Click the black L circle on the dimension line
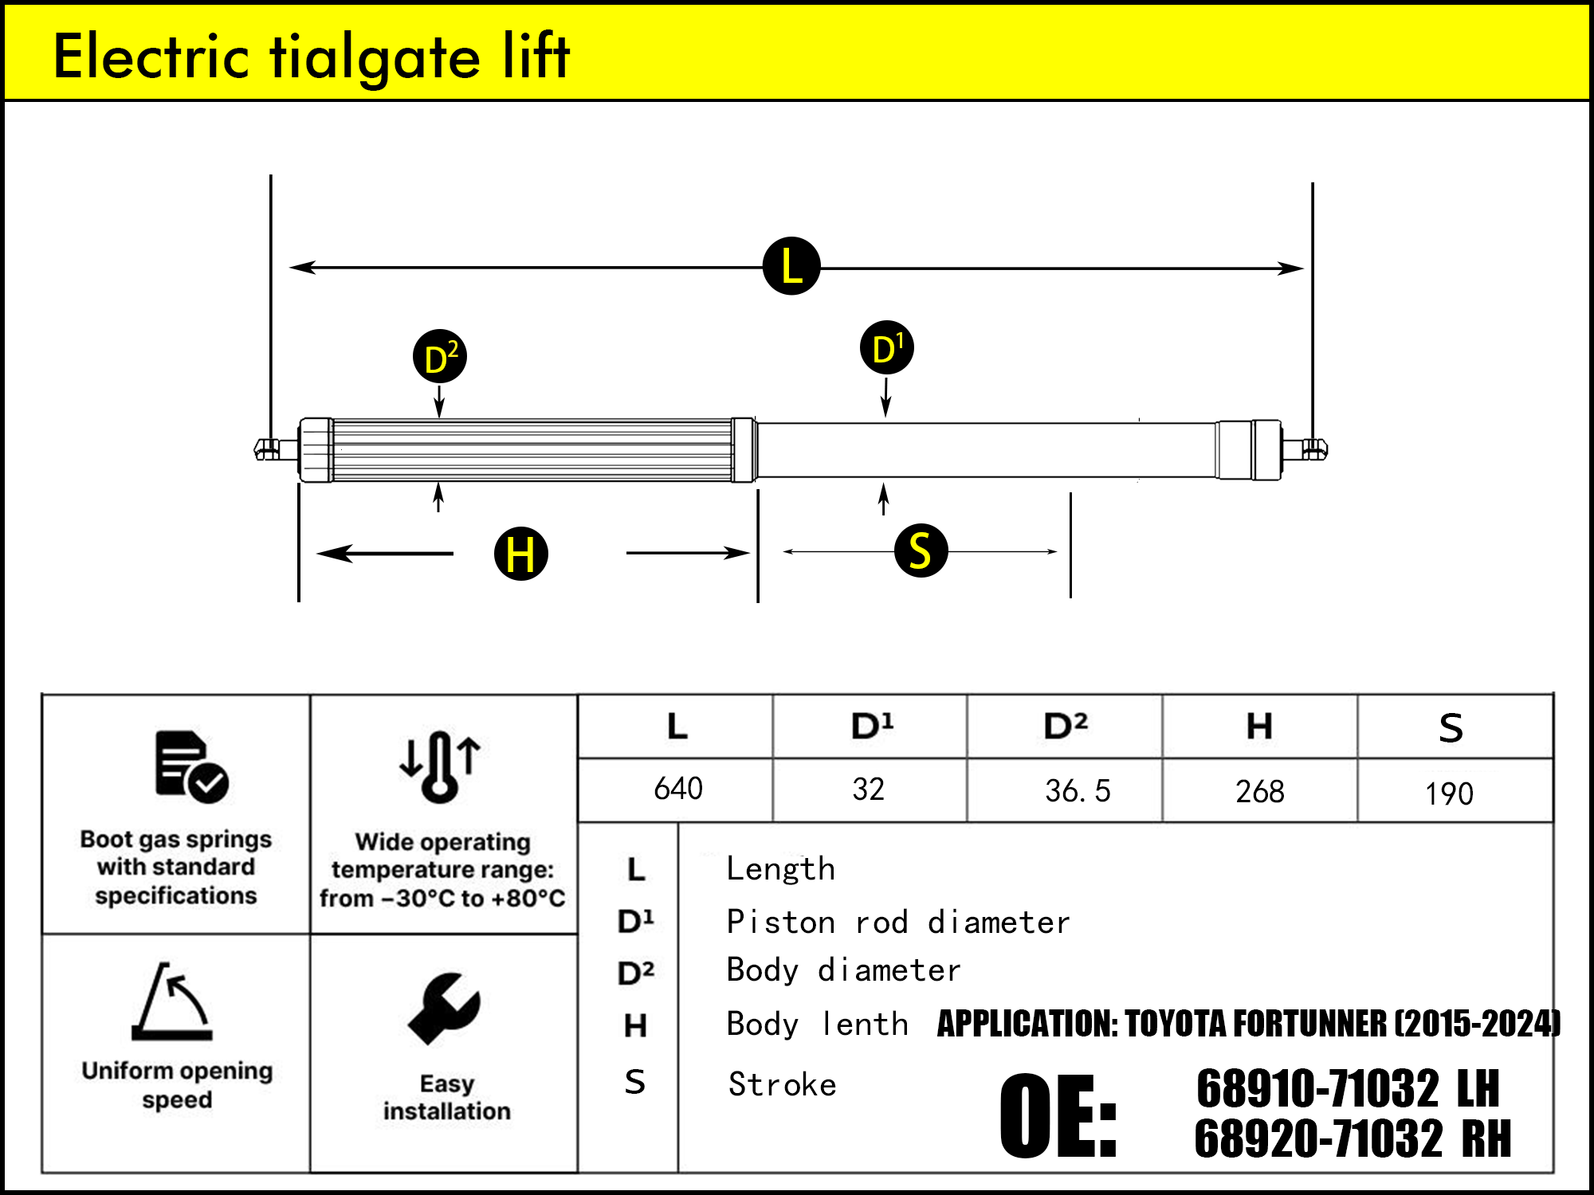pyautogui.click(x=791, y=266)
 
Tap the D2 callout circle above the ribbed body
pyautogui.click(x=440, y=356)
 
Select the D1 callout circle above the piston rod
pyautogui.click(x=887, y=348)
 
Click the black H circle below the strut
pyautogui.click(x=521, y=553)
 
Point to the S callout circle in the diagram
pyautogui.click(x=921, y=550)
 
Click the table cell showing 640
pyautogui.click(x=677, y=789)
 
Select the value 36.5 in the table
pyautogui.click(x=1077, y=790)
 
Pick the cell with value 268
pyautogui.click(x=1259, y=791)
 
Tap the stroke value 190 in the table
pyautogui.click(x=1449, y=793)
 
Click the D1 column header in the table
pyautogui.click(x=872, y=726)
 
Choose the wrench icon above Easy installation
pyautogui.click(x=444, y=1009)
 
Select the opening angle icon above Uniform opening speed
pyautogui.click(x=173, y=1002)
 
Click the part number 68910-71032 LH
pyautogui.click(x=1347, y=1089)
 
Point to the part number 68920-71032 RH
pyautogui.click(x=1352, y=1138)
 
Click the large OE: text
pyautogui.click(x=1058, y=1116)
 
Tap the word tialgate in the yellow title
pyautogui.click(x=375, y=57)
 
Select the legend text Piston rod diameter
pyautogui.click(x=898, y=922)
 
